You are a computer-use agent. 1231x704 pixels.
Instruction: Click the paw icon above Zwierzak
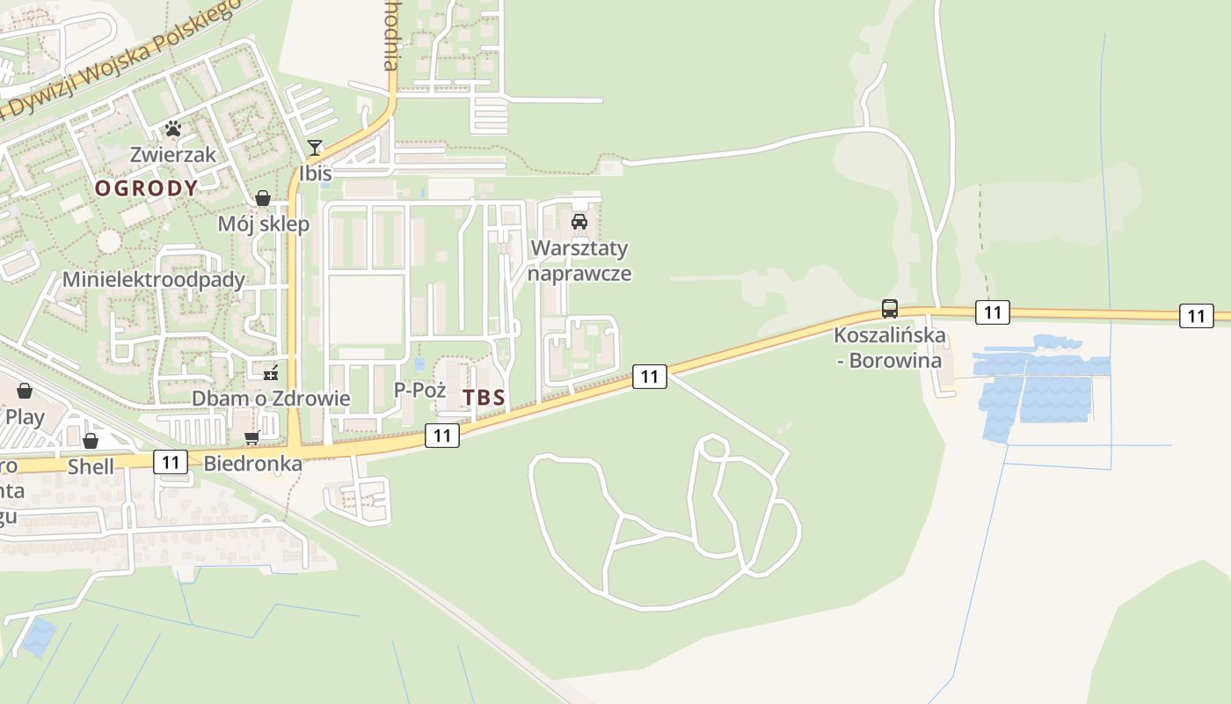point(173,128)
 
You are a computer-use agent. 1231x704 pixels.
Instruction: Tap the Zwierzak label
point(173,154)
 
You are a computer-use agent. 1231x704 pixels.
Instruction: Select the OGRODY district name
point(146,187)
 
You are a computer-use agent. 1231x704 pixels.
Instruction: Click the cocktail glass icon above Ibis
point(315,147)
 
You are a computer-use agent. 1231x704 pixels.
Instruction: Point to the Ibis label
point(316,173)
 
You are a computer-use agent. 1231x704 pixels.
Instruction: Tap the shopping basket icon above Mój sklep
point(262,198)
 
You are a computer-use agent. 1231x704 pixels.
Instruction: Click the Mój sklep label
point(264,224)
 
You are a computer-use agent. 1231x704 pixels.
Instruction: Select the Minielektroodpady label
point(153,280)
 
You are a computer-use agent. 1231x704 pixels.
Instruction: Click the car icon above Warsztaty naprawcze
point(579,222)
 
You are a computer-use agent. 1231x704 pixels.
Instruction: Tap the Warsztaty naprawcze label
point(580,260)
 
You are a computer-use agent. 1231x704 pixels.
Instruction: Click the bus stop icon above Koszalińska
point(890,309)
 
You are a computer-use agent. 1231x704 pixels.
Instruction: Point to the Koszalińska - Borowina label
point(889,348)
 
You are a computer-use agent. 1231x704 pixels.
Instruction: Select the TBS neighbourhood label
point(484,398)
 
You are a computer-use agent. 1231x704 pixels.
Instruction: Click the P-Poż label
point(420,390)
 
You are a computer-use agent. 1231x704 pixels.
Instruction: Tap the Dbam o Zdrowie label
point(271,399)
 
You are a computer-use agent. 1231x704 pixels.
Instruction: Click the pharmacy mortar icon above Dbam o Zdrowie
point(271,373)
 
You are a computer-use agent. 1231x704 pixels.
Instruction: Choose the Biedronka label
point(252,463)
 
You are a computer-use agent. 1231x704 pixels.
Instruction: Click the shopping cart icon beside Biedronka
point(252,438)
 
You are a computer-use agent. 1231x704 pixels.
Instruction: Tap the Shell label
point(91,466)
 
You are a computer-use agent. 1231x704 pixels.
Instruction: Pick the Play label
point(25,416)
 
